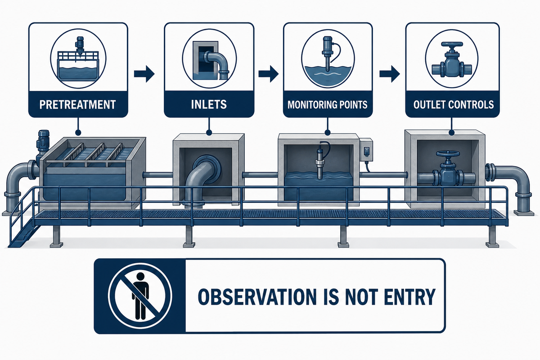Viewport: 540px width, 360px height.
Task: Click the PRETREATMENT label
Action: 77,105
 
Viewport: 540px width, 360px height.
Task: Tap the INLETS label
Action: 209,104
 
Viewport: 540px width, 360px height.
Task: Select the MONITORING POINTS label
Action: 328,105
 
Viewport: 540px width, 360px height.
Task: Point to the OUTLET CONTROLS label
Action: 454,105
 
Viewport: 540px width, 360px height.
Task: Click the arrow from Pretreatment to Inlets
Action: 144,73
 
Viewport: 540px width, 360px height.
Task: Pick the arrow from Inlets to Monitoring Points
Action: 269,73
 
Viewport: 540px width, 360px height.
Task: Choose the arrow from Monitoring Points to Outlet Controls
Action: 390,74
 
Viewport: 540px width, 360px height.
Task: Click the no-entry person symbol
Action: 140,296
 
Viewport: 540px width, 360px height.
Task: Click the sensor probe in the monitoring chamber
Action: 320,163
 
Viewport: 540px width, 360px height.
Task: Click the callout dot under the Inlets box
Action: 209,132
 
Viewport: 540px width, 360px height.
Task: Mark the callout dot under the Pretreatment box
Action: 77,132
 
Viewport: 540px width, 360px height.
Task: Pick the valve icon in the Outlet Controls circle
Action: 451,61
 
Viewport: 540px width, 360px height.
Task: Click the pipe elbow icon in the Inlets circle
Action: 215,64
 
